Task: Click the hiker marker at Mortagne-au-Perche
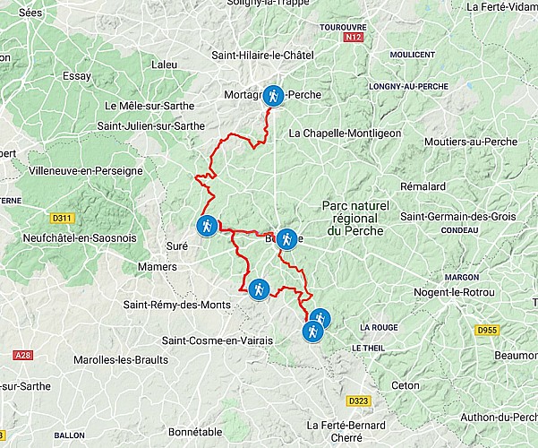point(273,96)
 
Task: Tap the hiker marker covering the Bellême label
point(286,238)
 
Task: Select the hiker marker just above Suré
point(207,226)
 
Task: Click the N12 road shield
point(354,39)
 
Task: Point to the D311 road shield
point(62,218)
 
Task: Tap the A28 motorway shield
point(22,356)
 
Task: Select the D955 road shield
point(487,330)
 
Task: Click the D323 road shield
point(358,401)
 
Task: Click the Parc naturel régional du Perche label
point(355,219)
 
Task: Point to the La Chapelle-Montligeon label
point(345,134)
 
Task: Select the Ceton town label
point(406,385)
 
